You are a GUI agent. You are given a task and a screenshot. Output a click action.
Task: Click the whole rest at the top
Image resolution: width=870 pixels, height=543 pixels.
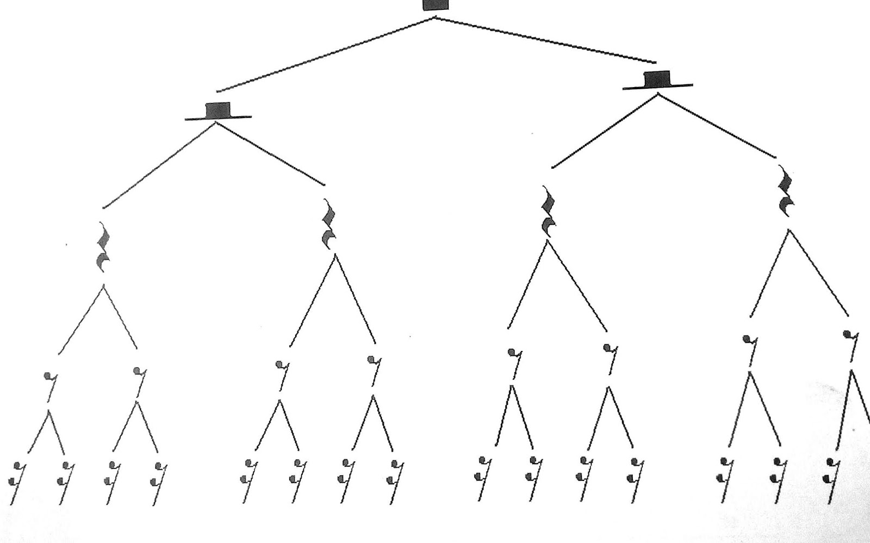tap(436, 4)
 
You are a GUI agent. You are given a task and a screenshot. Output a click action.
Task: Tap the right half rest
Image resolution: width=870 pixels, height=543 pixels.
tap(658, 79)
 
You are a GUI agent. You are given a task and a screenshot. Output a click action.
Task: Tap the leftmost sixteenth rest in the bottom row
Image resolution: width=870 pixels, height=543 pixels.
tap(18, 482)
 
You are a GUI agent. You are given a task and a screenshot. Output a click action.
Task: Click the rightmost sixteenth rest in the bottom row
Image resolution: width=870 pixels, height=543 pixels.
tap(831, 479)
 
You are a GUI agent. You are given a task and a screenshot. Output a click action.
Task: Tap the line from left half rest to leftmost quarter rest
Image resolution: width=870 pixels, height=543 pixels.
tap(159, 165)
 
